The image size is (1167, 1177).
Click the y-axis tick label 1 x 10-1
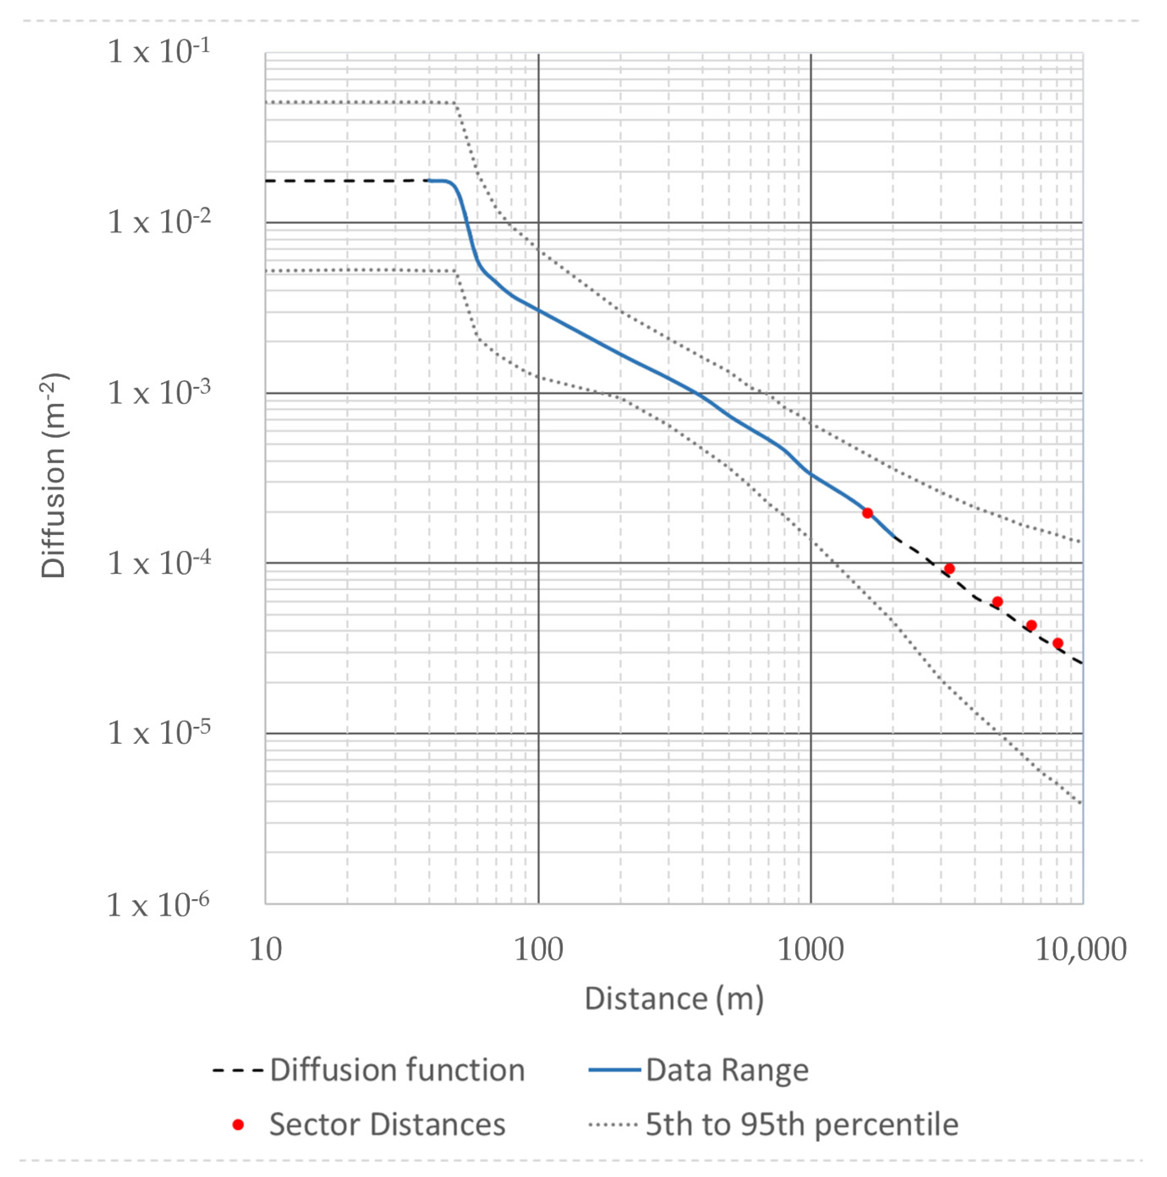pos(159,51)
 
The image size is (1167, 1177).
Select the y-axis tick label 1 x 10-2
pos(159,222)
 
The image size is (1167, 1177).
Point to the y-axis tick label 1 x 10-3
pos(159,393)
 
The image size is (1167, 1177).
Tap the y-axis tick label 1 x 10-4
pos(159,563)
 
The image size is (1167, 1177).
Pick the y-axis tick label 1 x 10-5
pos(159,733)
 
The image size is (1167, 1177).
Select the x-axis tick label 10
pos(266,950)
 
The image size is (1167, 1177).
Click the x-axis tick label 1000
pos(811,950)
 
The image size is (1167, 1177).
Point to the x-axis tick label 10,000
pos(1080,950)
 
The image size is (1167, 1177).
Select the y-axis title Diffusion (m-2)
pos(54,475)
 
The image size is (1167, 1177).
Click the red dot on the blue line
pos(867,513)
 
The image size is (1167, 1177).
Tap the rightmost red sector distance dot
pos(1058,643)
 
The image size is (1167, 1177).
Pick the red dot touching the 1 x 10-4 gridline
pos(949,569)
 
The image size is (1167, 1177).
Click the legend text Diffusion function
pos(397,1070)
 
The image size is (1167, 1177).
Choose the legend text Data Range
pos(727,1070)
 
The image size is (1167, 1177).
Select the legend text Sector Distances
pos(388,1124)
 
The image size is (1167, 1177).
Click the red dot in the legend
pos(238,1124)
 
